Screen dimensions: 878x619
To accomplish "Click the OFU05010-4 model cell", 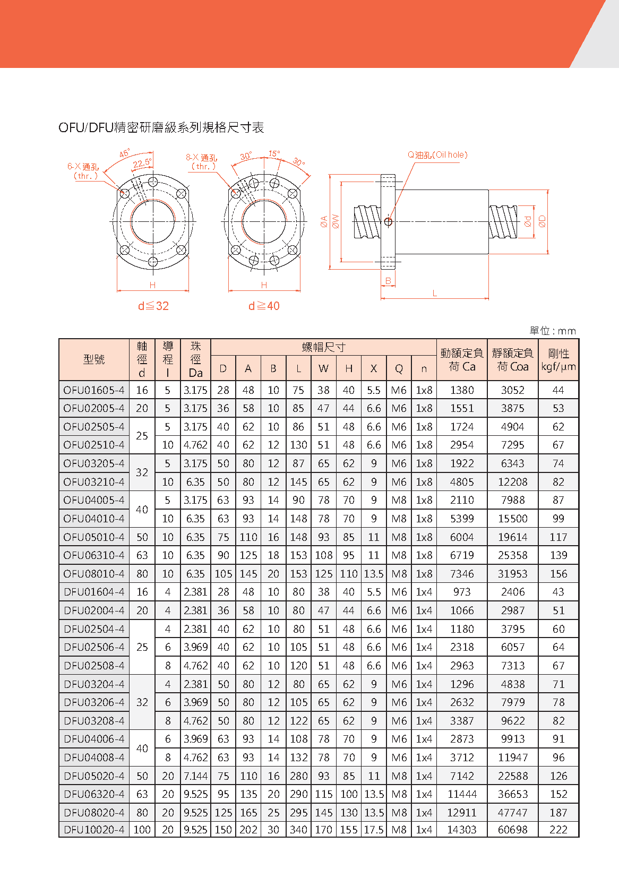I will [94, 537].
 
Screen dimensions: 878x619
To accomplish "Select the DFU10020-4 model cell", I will [94, 830].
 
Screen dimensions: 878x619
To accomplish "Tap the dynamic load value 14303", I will [462, 830].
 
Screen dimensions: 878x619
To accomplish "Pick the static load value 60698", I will [512, 830].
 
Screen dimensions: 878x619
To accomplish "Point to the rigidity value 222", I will [558, 830].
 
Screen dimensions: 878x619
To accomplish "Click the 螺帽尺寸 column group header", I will [323, 347].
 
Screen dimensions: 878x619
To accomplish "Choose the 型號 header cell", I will [94, 359].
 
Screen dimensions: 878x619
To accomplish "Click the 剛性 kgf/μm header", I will [558, 359].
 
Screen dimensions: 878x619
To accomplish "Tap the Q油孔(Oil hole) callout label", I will [437, 155].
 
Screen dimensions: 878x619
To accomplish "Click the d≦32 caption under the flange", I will [153, 306].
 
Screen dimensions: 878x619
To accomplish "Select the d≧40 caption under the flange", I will [264, 306].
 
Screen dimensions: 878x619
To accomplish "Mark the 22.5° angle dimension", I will [142, 163].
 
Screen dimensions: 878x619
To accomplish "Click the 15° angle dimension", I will [274, 154].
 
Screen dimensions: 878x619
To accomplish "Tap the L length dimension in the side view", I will [435, 293].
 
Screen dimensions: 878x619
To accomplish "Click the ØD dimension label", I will [542, 221].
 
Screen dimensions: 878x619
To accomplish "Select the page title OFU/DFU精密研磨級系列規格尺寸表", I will [161, 127].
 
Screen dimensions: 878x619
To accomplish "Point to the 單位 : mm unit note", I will [553, 331].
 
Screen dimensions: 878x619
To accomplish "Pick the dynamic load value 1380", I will [462, 390].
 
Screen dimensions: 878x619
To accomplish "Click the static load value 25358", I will [512, 555].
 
